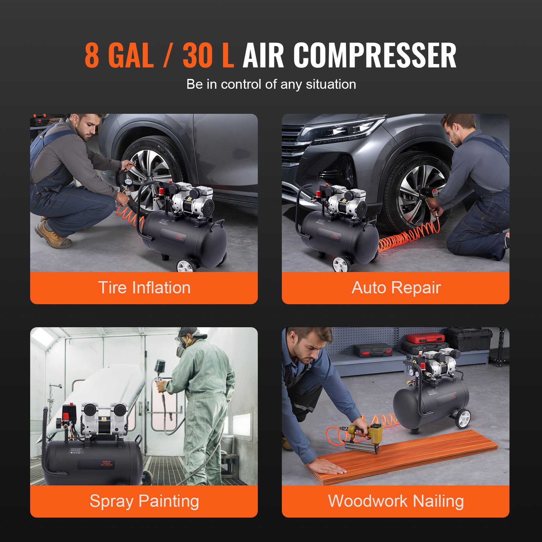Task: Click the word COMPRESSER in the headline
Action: click(374, 56)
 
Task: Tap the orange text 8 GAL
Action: click(119, 56)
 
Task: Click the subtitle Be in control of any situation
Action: click(271, 84)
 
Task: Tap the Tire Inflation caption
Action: click(144, 288)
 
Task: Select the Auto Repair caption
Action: click(396, 288)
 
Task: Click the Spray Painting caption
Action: click(144, 501)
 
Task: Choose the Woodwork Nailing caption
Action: click(396, 501)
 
